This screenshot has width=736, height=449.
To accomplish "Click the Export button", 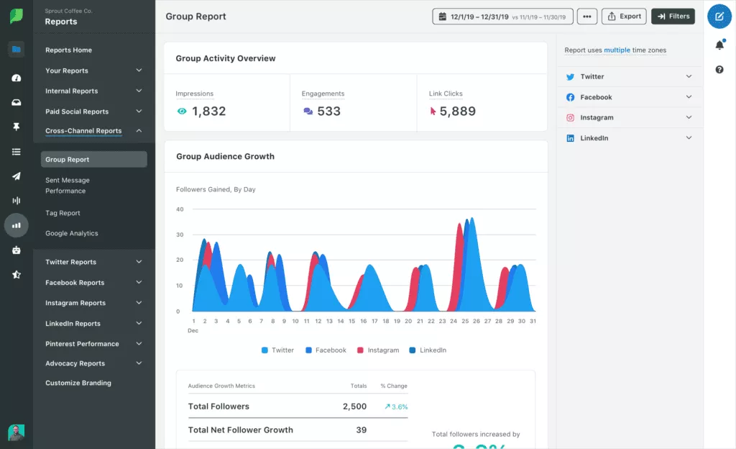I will pyautogui.click(x=623, y=16).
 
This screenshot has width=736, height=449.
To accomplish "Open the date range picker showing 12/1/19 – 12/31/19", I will pyautogui.click(x=502, y=17).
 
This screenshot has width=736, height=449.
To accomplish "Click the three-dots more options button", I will pyautogui.click(x=587, y=16).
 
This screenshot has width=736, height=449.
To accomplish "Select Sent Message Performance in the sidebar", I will pyautogui.click(x=67, y=186).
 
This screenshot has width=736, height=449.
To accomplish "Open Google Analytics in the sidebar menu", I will pyautogui.click(x=71, y=233).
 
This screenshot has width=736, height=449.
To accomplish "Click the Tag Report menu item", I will pyautogui.click(x=63, y=213).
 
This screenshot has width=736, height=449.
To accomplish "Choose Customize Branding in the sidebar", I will pyautogui.click(x=78, y=383).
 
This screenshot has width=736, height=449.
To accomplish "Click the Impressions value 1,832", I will pyautogui.click(x=208, y=112).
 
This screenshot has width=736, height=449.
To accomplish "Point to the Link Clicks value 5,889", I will pyautogui.click(x=457, y=112).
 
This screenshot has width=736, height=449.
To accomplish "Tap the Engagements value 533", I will pyautogui.click(x=328, y=112).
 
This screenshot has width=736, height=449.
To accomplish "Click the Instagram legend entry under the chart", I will pyautogui.click(x=382, y=350).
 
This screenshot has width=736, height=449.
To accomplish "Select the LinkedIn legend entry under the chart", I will pyautogui.click(x=433, y=350).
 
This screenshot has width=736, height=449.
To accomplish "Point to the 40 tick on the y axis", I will pyautogui.click(x=180, y=209).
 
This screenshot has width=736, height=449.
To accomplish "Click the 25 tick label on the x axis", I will pyautogui.click(x=465, y=322).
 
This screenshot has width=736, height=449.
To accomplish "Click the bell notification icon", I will pyautogui.click(x=719, y=45).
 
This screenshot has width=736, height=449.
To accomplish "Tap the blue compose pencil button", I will pyautogui.click(x=719, y=16).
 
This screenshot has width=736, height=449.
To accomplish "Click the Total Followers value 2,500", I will pyautogui.click(x=354, y=407).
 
